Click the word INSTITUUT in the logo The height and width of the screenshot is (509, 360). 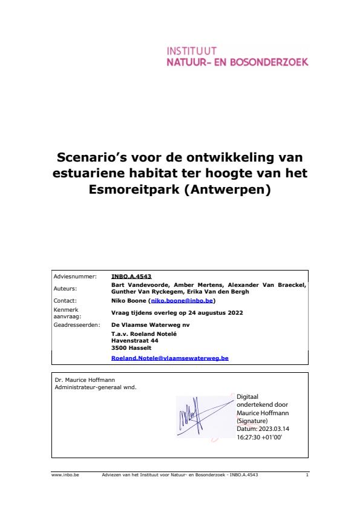tap(192, 51)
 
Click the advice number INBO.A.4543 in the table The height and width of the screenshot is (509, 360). tap(131, 276)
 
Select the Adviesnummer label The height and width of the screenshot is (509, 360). tap(75, 276)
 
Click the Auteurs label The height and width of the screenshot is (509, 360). tap(65, 288)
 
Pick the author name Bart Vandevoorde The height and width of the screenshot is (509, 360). tap(139, 284)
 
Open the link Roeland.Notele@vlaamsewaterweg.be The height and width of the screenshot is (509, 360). tap(170, 358)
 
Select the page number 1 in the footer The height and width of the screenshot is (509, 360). tap(307, 475)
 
